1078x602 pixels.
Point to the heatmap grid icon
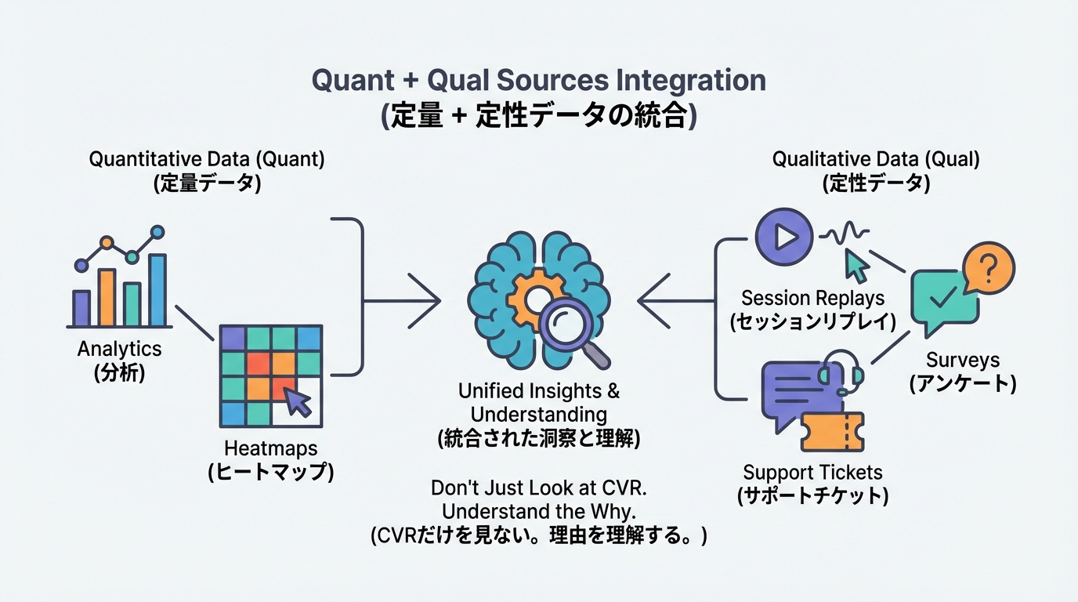(x=270, y=375)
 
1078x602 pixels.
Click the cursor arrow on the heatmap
(x=298, y=401)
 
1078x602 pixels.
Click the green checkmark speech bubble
(x=943, y=298)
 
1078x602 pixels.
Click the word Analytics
(x=119, y=349)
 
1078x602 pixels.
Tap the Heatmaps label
(x=270, y=448)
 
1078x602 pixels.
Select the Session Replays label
(x=812, y=298)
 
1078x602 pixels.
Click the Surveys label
(x=963, y=360)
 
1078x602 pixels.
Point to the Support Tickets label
(x=812, y=473)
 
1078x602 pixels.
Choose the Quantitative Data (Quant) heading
(x=206, y=159)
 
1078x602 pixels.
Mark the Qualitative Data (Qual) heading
(x=876, y=159)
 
